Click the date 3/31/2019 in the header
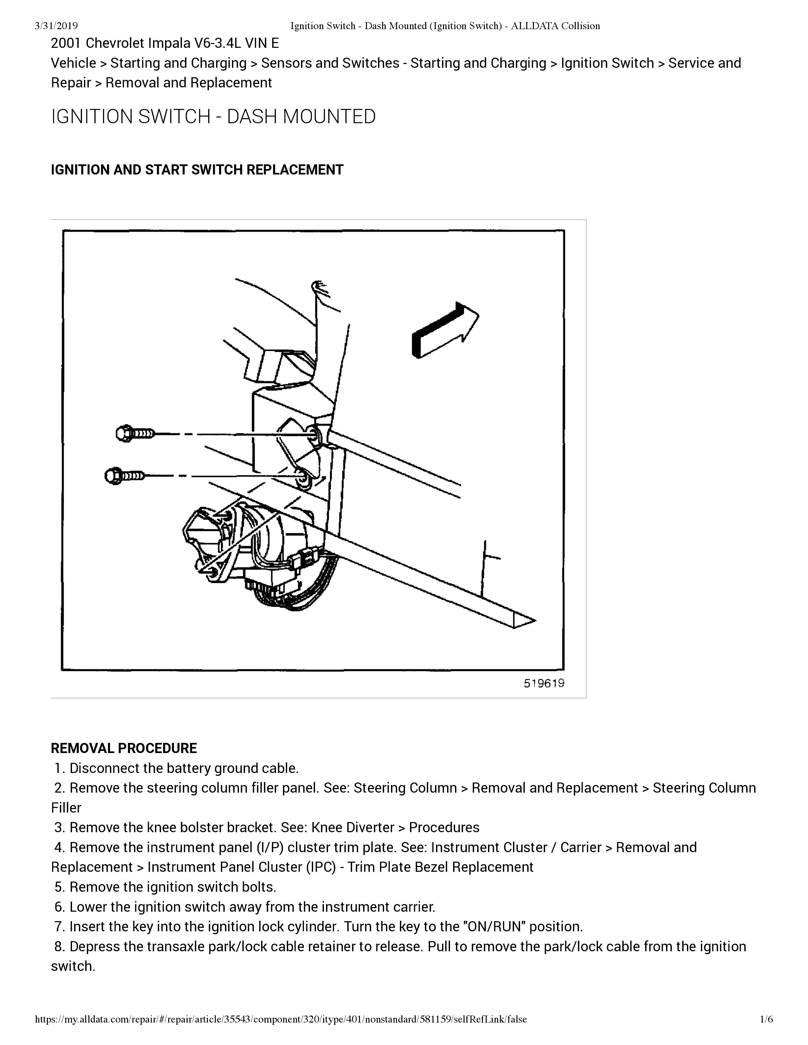pyautogui.click(x=56, y=26)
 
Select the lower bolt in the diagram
pyautogui.click(x=124, y=476)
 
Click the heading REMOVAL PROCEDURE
pyautogui.click(x=124, y=748)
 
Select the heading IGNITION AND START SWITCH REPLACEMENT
pyautogui.click(x=197, y=170)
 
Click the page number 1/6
pyautogui.click(x=766, y=1019)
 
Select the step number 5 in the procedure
pyautogui.click(x=59, y=887)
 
